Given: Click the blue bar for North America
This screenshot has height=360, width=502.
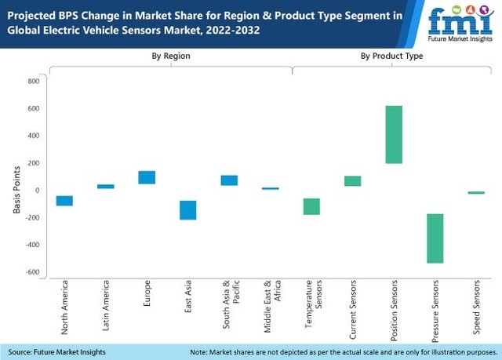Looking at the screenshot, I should click(64, 201).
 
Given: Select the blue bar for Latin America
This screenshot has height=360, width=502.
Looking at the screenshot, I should click(106, 187).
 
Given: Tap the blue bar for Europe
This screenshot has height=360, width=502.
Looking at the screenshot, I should click(147, 177).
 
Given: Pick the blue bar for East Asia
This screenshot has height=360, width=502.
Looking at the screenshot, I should click(188, 210).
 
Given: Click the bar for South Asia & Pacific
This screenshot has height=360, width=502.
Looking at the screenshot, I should click(229, 180).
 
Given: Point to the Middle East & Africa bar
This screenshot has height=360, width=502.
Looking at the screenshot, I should click(271, 189).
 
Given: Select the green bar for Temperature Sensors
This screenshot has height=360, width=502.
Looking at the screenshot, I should click(311, 206).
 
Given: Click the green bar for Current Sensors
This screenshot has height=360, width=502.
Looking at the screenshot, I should click(353, 181).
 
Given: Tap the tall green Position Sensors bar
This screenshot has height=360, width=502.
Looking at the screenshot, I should click(394, 135).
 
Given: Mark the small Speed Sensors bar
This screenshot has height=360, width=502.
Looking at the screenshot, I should click(476, 192).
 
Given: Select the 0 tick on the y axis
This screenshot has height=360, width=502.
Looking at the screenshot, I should click(37, 191).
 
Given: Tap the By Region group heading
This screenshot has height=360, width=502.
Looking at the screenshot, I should click(170, 56).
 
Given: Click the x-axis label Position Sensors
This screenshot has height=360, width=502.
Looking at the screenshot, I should click(395, 304).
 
